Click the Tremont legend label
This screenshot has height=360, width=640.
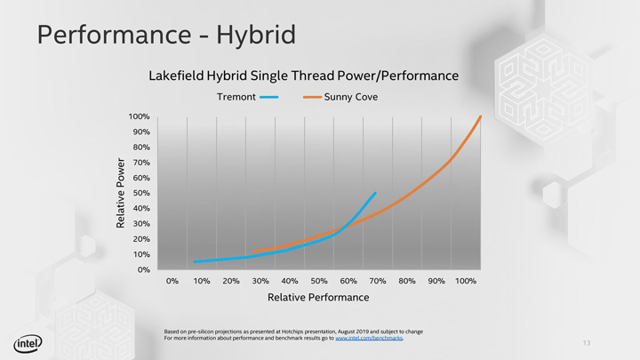pos(236,97)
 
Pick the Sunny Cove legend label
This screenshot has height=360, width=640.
pos(351,97)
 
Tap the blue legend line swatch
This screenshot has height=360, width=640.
pos(269,97)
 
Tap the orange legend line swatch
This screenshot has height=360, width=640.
pos(311,97)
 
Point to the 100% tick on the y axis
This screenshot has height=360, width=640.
pos(139,116)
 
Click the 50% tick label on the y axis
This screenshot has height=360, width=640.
pos(141,193)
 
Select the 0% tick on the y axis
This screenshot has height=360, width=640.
pos(144,269)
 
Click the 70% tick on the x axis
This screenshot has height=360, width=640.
pos(377,281)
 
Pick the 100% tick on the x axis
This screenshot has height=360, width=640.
pos(465,281)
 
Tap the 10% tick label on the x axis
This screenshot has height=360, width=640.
pos(202,281)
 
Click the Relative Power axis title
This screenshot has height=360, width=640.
pos(122,193)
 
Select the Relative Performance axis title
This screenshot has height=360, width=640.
pos(318,297)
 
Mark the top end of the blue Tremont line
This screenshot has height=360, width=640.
pos(375,193)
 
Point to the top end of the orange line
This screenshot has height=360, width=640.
pos(480,116)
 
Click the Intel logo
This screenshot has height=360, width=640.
pos(27,344)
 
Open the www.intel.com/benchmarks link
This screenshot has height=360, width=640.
pos(368,339)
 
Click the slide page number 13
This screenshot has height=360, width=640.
pos(587,343)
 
